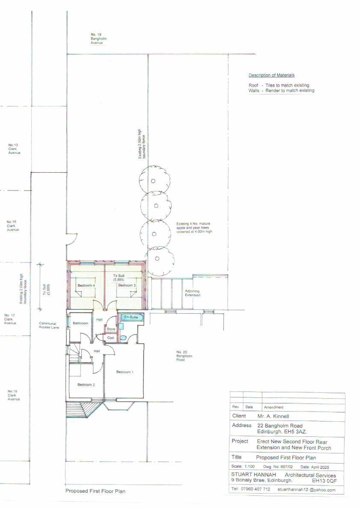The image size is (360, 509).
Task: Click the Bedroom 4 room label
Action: pyautogui.click(x=86, y=285)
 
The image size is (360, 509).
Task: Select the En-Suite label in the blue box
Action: pyautogui.click(x=131, y=317)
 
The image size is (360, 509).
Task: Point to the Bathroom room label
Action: pyautogui.click(x=80, y=324)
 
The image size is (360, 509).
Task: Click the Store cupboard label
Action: pyautogui.click(x=111, y=329)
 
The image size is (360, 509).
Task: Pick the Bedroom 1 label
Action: pyautogui.click(x=125, y=372)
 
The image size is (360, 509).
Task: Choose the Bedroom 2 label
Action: pyautogui.click(x=86, y=385)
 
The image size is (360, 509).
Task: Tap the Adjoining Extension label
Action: pyautogui.click(x=192, y=293)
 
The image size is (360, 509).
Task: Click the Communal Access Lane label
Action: pyautogui.click(x=49, y=325)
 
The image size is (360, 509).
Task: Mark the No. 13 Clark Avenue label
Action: pyautogui.click(x=14, y=149)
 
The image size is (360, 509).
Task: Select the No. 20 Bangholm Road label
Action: pyautogui.click(x=184, y=356)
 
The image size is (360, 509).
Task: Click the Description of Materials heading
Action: pyautogui.click(x=271, y=75)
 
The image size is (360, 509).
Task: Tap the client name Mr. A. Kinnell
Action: pyautogui.click(x=273, y=416)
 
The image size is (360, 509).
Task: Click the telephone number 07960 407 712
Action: pyautogui.click(x=256, y=489)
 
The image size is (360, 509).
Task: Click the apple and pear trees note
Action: pyautogui.click(x=194, y=227)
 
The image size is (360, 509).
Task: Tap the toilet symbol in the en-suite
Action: pyautogui.click(x=123, y=338)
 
